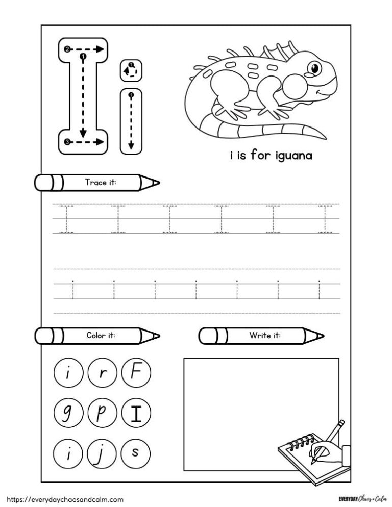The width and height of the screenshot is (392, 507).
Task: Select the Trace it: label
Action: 101,182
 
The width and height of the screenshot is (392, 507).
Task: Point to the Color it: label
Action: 101,335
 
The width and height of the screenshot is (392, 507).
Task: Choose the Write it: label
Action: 265,335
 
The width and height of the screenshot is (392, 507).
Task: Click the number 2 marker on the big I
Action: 67,49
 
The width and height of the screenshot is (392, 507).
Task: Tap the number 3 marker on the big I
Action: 67,142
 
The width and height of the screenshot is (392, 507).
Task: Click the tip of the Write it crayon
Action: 321,335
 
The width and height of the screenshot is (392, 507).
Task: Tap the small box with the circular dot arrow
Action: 131,70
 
